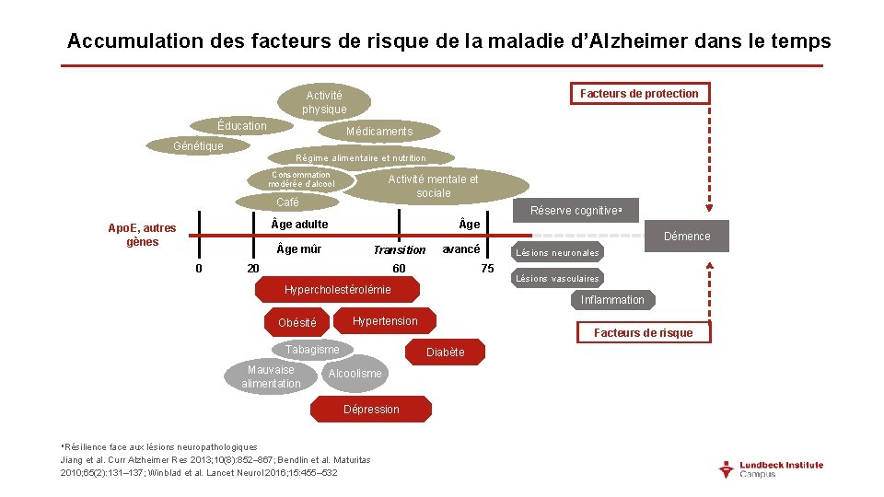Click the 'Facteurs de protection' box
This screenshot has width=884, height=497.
(x=639, y=93)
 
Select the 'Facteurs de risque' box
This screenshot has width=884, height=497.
(x=644, y=332)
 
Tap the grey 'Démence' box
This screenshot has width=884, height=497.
(x=687, y=237)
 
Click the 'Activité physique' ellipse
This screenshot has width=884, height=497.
(x=324, y=102)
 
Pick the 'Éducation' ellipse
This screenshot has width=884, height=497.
(x=242, y=126)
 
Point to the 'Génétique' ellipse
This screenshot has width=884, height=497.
(x=198, y=146)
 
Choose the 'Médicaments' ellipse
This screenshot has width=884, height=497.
(x=379, y=132)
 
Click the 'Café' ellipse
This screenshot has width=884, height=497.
(x=288, y=202)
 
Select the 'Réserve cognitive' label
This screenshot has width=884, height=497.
(x=576, y=211)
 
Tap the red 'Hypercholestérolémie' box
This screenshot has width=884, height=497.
(x=338, y=290)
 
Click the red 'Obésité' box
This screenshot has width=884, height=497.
(x=297, y=323)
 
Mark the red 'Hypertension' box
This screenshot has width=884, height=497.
(x=385, y=321)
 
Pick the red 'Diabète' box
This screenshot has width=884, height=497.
(x=446, y=353)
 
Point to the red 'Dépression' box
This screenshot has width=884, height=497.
(x=371, y=410)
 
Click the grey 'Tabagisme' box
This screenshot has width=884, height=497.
(x=312, y=350)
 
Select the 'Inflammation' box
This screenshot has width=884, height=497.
(x=612, y=300)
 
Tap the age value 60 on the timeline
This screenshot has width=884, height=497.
(x=399, y=269)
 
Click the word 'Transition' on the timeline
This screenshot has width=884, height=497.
(x=400, y=250)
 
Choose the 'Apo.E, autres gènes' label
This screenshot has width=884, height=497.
(x=142, y=235)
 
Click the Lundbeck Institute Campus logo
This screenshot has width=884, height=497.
(x=771, y=469)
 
